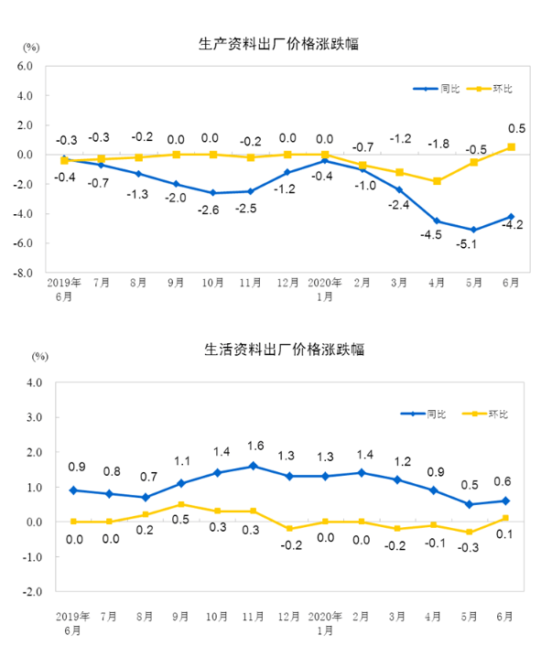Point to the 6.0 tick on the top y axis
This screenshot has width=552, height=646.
24,66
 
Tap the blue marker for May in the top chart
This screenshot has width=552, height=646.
473,230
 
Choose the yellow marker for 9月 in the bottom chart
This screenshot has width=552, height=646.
181,504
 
